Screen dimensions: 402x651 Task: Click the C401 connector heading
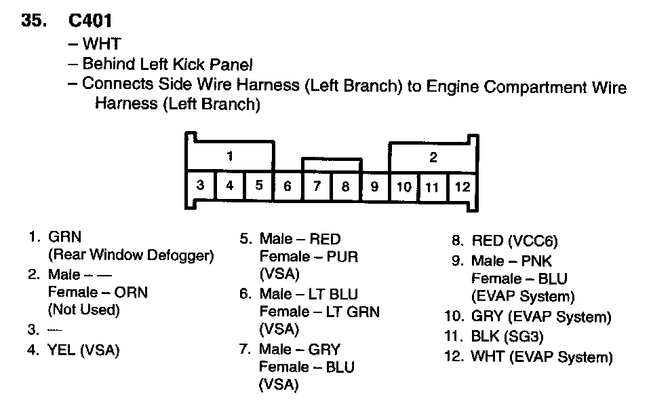pyautogui.click(x=85, y=20)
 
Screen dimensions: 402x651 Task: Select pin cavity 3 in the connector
pyautogui.click(x=201, y=185)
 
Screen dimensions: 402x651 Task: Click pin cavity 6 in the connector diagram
pyautogui.click(x=288, y=186)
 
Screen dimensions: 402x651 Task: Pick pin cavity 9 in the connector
pyautogui.click(x=374, y=186)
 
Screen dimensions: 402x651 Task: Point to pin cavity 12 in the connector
pyautogui.click(x=462, y=186)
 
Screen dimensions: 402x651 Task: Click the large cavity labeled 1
pyautogui.click(x=230, y=157)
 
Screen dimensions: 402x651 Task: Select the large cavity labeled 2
pyautogui.click(x=433, y=158)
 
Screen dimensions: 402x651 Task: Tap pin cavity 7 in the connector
pyautogui.click(x=317, y=186)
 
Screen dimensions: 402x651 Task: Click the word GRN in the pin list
pyautogui.click(x=64, y=238)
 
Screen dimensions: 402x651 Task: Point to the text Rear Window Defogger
pyautogui.click(x=131, y=255)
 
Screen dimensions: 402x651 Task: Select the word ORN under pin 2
pyautogui.click(x=132, y=292)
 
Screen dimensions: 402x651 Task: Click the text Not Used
pyautogui.click(x=83, y=310)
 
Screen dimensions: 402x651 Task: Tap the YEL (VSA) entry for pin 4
pyautogui.click(x=83, y=350)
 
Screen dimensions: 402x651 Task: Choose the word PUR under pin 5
pyautogui.click(x=342, y=257)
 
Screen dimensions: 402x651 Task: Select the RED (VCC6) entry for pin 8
pyautogui.click(x=514, y=240)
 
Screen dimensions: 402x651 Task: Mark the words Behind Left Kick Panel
pyautogui.click(x=167, y=65)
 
